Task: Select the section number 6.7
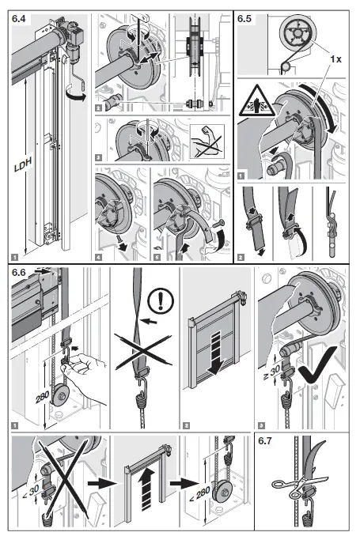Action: [270, 442]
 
